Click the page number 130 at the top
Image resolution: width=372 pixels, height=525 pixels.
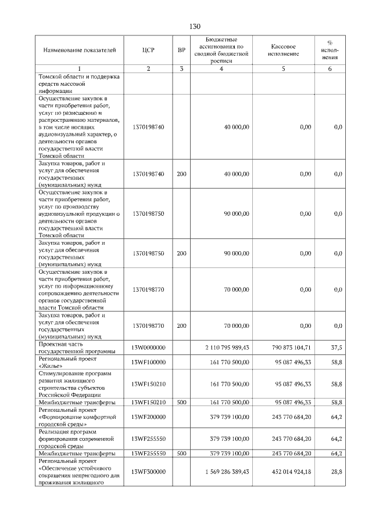tap(195, 27)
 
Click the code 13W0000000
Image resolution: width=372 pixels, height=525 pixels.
tap(148, 347)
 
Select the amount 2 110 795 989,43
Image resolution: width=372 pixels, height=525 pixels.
tap(227, 347)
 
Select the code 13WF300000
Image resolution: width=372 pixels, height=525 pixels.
tap(148, 472)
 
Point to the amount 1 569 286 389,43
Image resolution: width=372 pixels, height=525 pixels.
tap(227, 472)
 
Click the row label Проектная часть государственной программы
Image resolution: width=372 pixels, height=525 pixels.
tap(76, 347)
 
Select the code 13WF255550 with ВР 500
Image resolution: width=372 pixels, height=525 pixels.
tap(148, 453)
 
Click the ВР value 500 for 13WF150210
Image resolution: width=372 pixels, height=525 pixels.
tap(181, 402)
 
